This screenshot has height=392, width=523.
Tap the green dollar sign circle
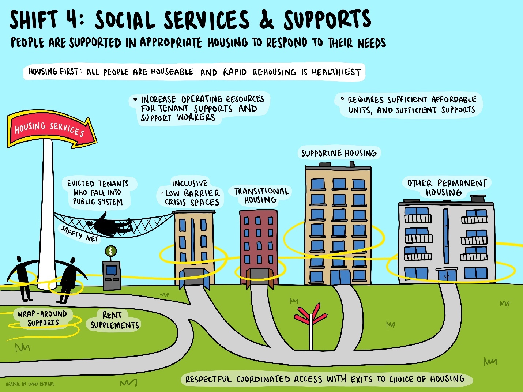coord(111,251)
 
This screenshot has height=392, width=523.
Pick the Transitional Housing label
coord(261,196)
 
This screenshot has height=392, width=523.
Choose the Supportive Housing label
coord(339,153)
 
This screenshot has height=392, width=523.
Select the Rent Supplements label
coord(114,320)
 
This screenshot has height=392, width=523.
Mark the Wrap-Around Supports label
coord(42,318)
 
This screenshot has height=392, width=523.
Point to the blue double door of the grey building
coord(447,275)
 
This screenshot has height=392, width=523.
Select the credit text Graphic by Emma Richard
coord(30,384)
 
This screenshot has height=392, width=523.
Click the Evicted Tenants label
coord(98,192)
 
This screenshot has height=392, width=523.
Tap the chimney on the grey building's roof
coord(478,199)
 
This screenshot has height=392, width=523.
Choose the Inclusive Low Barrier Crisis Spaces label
coord(190,193)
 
